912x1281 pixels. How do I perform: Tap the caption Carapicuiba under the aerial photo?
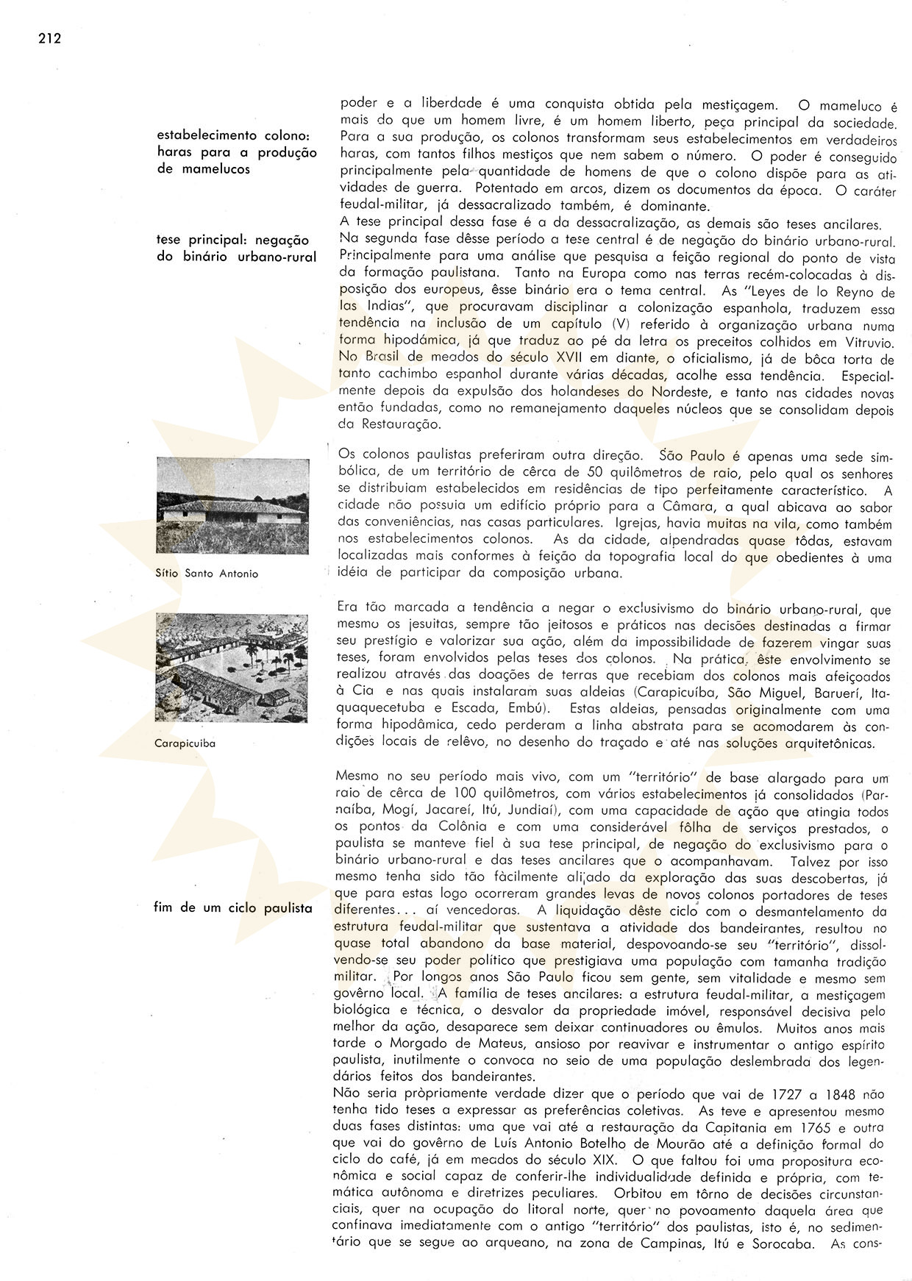pyautogui.click(x=185, y=743)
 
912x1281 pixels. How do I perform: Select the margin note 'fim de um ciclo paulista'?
pyautogui.click(x=235, y=908)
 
